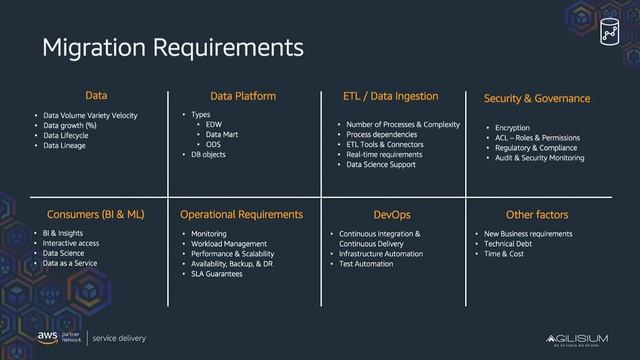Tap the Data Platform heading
pyautogui.click(x=243, y=97)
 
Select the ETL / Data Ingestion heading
pyautogui.click(x=390, y=96)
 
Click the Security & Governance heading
pyautogui.click(x=537, y=99)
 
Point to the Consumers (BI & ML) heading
pyautogui.click(x=96, y=214)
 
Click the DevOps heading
pyautogui.click(x=391, y=214)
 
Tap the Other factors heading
pyautogui.click(x=537, y=214)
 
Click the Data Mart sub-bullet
pyautogui.click(x=221, y=134)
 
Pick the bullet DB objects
pyautogui.click(x=210, y=155)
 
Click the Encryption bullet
pyautogui.click(x=505, y=128)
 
